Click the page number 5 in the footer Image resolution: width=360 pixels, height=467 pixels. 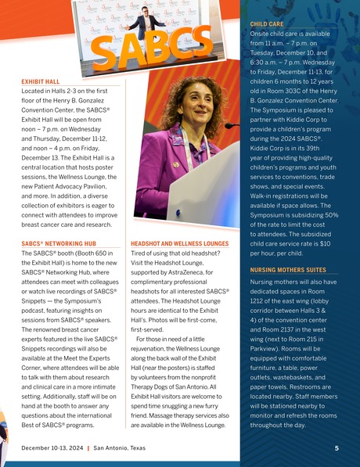pyautogui.click(x=336, y=448)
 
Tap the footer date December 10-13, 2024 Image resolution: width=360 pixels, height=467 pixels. pyautogui.click(x=53, y=448)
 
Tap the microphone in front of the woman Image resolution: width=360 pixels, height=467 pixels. pyautogui.click(x=231, y=126)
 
